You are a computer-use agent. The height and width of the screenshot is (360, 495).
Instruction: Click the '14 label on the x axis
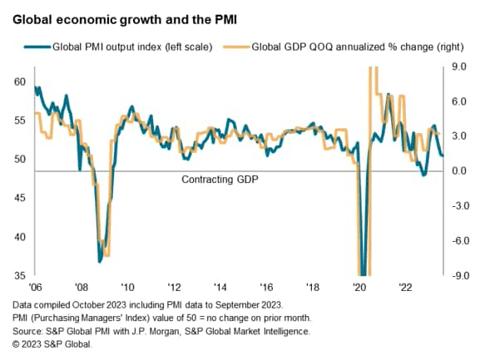point(220,287)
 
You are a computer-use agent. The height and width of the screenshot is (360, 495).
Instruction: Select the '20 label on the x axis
point(359,287)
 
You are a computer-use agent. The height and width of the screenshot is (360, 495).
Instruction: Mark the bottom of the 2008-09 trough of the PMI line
point(100,261)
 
